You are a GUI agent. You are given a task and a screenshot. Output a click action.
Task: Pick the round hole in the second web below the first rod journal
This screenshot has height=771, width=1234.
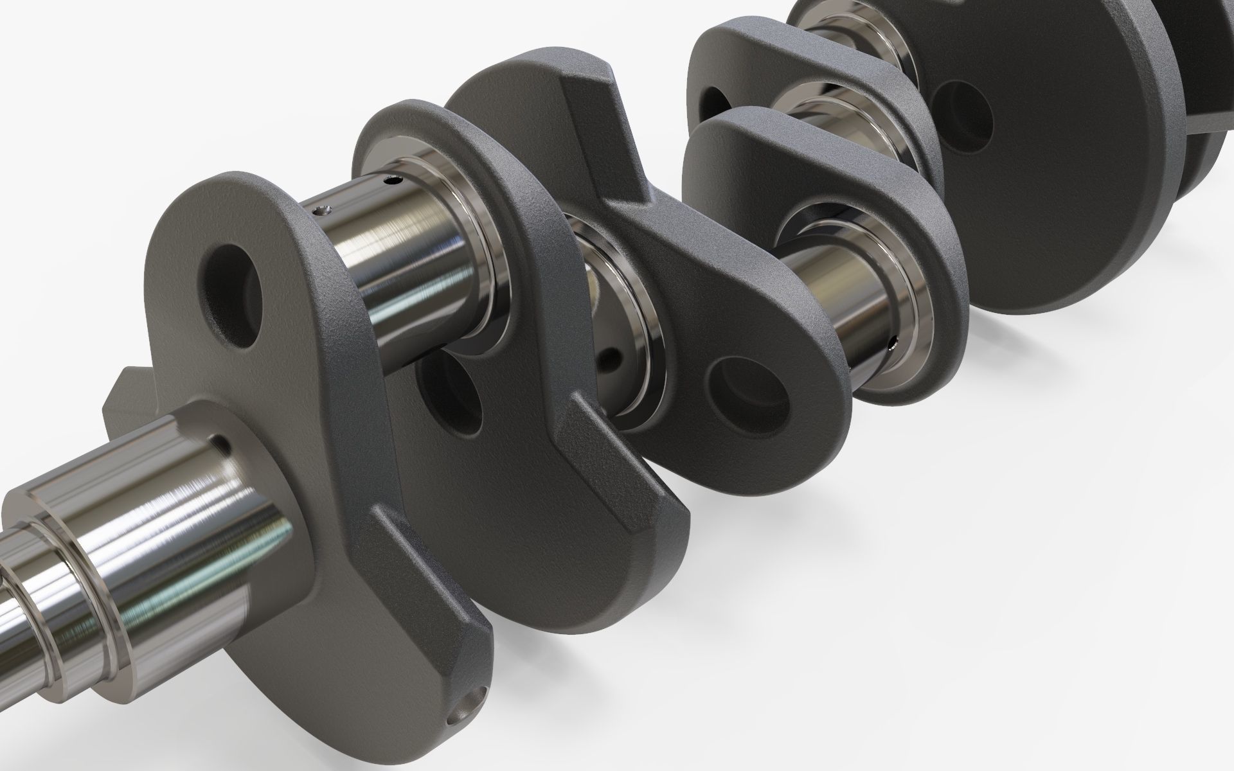[449, 393]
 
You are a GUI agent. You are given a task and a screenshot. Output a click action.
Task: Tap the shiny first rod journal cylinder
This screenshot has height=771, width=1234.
[411, 257]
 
